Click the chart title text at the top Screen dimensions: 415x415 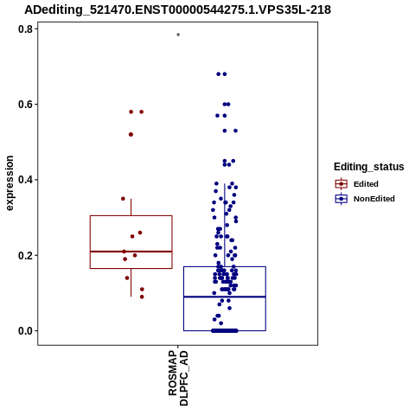[177, 10]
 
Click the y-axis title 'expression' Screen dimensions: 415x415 [10, 183]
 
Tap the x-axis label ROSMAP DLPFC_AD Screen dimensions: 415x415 [178, 378]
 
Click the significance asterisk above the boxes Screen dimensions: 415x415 [178, 35]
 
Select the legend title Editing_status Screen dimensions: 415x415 [369, 167]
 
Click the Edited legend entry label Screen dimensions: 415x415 [366, 184]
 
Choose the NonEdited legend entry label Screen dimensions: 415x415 [374, 199]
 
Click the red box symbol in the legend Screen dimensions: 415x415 [342, 184]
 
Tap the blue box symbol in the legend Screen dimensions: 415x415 [342, 199]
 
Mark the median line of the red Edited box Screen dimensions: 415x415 [131, 252]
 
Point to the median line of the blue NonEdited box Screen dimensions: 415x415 [225, 297]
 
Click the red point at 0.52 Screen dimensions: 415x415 [131, 135]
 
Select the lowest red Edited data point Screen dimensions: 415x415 [142, 297]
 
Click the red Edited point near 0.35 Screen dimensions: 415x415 [123, 199]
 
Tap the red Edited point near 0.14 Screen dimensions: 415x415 [127, 278]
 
